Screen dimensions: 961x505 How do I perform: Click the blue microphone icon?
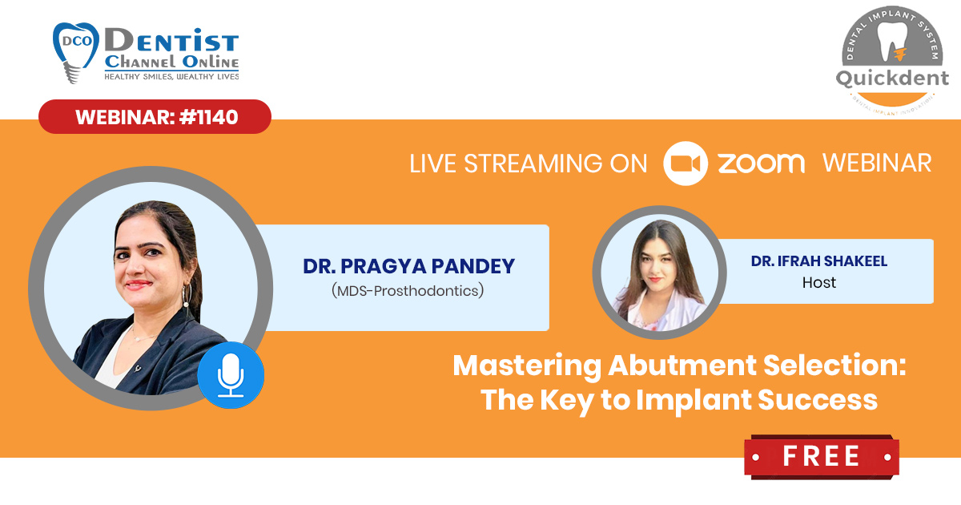[x=231, y=375]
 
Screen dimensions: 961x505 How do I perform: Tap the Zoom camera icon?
[x=686, y=164]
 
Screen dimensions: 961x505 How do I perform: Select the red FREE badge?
[x=822, y=456]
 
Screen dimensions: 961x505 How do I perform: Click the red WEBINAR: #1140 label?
[x=155, y=117]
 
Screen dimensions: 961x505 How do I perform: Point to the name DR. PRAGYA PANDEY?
[x=408, y=266]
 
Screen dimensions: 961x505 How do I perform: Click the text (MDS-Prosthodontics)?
[x=408, y=291]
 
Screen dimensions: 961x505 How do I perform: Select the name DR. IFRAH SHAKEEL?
[x=819, y=261]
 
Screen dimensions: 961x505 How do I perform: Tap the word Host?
[x=819, y=282]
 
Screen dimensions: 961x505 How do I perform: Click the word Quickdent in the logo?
[x=892, y=79]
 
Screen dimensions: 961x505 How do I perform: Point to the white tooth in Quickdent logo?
[x=891, y=41]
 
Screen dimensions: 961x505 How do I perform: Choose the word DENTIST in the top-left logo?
[x=171, y=40]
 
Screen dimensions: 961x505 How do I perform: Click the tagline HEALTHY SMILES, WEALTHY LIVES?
[x=171, y=77]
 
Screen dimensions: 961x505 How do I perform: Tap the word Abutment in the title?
[x=682, y=366]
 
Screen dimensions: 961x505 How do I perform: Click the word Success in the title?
[x=818, y=400]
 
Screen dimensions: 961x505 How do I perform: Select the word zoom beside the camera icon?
[x=762, y=164]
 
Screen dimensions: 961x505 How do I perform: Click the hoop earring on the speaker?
[x=187, y=296]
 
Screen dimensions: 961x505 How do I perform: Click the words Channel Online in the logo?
[x=171, y=62]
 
